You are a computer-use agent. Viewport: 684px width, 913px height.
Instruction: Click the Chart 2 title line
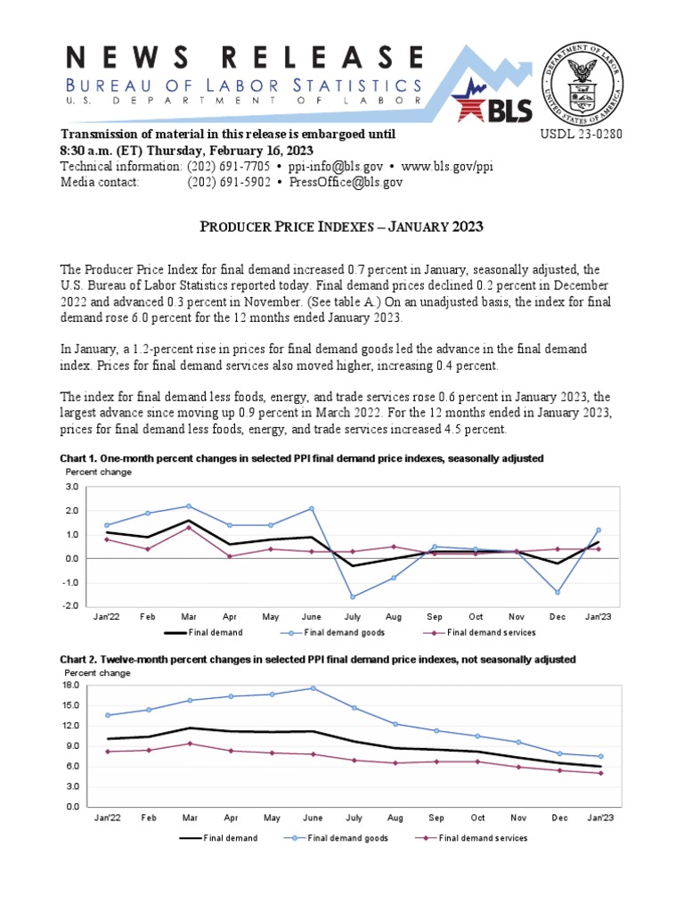(x=317, y=659)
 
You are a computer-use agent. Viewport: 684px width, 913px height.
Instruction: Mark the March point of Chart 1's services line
(x=189, y=527)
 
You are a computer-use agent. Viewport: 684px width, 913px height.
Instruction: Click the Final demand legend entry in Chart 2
(x=219, y=838)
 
